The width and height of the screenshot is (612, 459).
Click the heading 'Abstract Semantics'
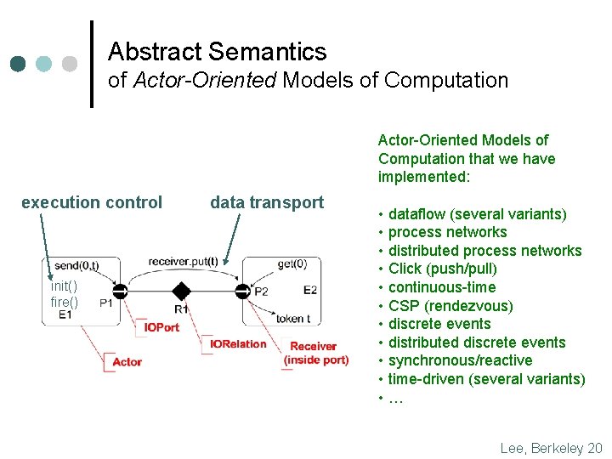[x=217, y=52]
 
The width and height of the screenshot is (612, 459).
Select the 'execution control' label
[x=92, y=202]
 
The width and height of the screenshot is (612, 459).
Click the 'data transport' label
[x=267, y=202]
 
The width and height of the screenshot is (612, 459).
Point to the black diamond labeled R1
[x=181, y=292]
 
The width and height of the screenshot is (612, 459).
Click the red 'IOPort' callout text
[x=161, y=327]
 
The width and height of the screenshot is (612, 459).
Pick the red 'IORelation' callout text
[x=239, y=344]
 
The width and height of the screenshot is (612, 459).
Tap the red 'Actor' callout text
[x=127, y=362]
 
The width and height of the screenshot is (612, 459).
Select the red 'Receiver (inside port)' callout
[x=315, y=353]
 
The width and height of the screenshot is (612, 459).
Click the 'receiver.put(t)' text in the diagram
[x=183, y=261]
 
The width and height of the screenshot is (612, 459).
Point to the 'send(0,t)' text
[x=76, y=266]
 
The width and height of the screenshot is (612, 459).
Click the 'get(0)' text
[x=292, y=263]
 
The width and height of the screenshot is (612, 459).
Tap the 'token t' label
[x=293, y=319]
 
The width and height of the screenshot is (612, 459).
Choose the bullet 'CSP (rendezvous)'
[x=450, y=306]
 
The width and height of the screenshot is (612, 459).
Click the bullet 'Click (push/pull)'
[x=443, y=269]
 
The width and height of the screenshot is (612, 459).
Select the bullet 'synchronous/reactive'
[x=460, y=360]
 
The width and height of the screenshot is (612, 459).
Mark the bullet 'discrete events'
[x=439, y=324]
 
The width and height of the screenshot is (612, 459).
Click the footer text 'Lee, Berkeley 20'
[x=551, y=447]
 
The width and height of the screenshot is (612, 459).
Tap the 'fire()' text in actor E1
[x=64, y=302]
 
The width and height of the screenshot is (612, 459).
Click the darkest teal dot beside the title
[x=19, y=64]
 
